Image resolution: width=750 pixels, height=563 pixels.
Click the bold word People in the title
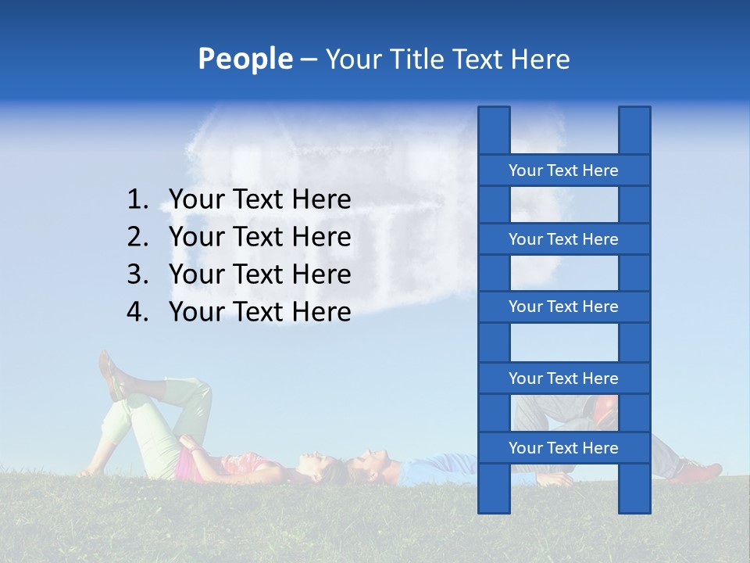point(245,59)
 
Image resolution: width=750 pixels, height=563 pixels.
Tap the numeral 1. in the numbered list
point(138,200)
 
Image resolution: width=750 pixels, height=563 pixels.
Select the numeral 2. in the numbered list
point(138,237)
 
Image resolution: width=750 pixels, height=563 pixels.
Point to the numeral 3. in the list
point(138,274)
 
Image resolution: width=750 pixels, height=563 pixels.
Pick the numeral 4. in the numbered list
point(138,312)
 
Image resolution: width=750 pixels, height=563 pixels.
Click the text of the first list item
point(259,200)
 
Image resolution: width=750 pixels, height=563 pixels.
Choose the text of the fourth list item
point(259,312)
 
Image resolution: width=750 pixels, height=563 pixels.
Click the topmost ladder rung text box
point(563,170)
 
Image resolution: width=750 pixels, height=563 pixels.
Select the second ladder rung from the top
point(563,239)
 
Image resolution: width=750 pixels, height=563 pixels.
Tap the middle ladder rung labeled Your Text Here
point(563,307)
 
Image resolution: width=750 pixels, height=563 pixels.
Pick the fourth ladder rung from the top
point(563,378)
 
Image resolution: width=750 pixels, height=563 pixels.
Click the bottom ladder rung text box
point(563,448)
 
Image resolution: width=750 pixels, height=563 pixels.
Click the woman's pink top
point(187,466)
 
